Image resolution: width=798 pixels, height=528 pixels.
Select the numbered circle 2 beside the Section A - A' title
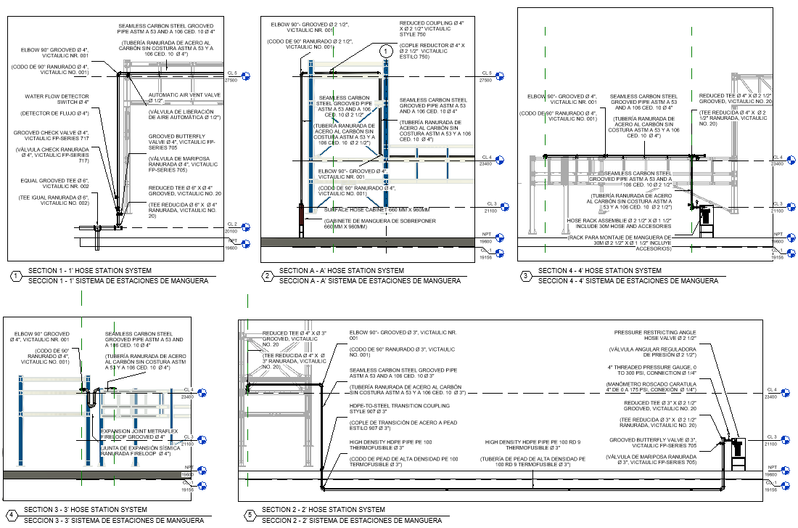267,276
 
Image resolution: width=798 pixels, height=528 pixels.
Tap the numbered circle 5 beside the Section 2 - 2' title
250,515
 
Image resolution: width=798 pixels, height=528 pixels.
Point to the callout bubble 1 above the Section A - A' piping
385,52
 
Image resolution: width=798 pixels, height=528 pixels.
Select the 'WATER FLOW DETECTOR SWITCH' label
57,99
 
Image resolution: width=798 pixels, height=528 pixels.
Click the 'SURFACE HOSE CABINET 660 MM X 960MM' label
377,211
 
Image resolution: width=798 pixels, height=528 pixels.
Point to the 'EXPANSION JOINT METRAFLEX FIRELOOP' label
139,434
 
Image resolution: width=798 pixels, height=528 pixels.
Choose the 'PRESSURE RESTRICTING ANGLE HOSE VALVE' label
655,336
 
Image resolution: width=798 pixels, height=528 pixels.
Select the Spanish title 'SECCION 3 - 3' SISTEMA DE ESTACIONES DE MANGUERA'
114,521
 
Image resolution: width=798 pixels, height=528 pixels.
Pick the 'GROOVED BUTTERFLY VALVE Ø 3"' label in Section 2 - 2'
653,443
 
